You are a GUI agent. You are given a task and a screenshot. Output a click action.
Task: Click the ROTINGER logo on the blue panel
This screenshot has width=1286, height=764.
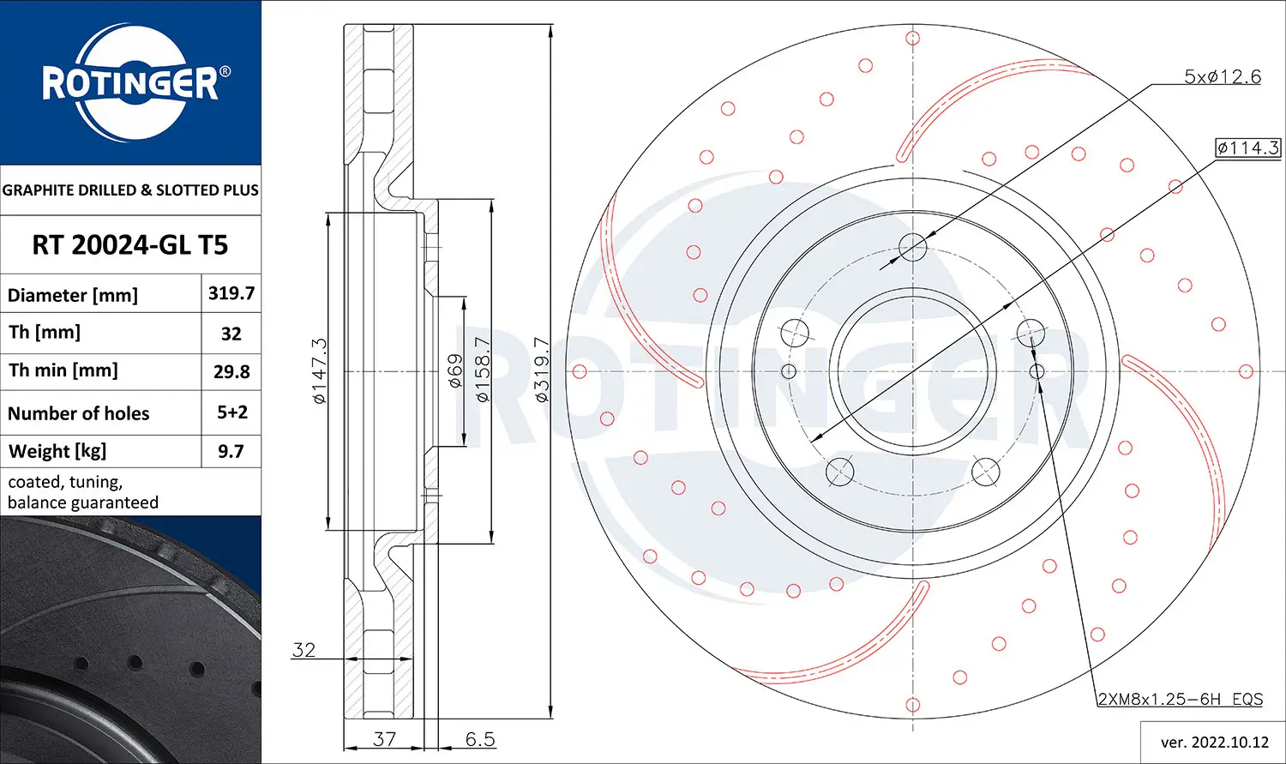tap(130, 83)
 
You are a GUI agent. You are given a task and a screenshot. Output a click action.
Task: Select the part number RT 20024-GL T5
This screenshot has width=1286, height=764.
tap(129, 245)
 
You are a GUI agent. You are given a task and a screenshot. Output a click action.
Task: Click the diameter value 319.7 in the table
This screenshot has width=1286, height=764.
tap(231, 293)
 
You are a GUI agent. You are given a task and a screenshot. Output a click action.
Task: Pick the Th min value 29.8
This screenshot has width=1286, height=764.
tap(231, 371)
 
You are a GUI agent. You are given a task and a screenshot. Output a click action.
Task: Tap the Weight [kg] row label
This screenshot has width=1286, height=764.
tap(57, 451)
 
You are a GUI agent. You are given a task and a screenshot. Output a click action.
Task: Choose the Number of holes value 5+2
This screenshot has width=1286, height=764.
tap(231, 412)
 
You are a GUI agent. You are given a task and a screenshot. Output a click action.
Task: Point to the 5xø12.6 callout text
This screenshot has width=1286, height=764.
tap(1222, 76)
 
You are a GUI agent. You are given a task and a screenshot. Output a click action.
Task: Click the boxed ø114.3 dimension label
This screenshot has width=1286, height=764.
tap(1247, 147)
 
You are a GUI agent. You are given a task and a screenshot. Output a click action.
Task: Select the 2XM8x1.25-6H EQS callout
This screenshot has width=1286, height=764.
tap(1181, 699)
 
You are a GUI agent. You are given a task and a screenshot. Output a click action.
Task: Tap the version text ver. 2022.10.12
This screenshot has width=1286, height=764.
tap(1214, 742)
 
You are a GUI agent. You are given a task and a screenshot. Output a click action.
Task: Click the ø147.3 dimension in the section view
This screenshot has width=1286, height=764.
tap(319, 370)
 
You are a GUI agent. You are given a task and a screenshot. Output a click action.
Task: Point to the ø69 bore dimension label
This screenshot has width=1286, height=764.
tap(455, 370)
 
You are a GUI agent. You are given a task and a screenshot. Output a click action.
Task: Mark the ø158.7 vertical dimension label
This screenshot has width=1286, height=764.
tap(483, 370)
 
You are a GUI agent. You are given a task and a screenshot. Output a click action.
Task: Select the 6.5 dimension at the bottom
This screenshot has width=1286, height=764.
tap(480, 738)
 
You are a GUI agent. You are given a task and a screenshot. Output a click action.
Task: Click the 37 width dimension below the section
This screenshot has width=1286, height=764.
tap(384, 738)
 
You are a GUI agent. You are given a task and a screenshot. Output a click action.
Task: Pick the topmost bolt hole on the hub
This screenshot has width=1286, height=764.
tap(913, 248)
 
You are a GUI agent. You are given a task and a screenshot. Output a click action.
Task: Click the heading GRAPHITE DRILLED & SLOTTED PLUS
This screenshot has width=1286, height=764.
tap(130, 189)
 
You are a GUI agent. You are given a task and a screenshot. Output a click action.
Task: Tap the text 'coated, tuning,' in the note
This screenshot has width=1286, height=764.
tap(65, 482)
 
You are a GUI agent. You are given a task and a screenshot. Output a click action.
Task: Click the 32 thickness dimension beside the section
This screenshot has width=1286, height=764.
tap(303, 649)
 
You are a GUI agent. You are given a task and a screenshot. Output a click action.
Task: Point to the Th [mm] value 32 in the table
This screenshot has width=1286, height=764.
tap(231, 334)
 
